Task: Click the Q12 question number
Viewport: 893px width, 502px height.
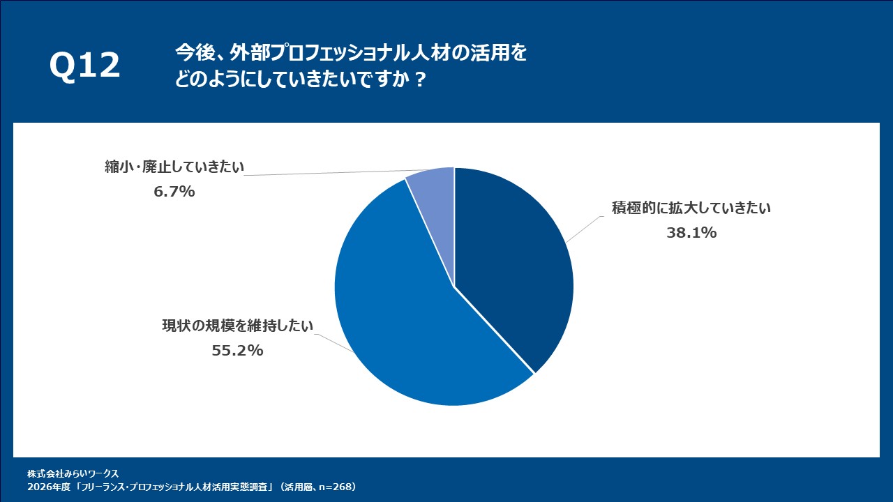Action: click(x=84, y=66)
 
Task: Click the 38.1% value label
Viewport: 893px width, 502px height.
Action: click(x=691, y=233)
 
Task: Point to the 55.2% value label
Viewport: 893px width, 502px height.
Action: click(x=237, y=351)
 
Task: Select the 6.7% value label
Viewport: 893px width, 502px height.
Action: click(x=174, y=190)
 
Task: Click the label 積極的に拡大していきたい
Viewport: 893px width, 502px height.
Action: click(x=691, y=208)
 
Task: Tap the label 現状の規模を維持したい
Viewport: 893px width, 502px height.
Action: click(x=238, y=325)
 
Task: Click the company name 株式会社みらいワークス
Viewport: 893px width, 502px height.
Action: click(x=73, y=473)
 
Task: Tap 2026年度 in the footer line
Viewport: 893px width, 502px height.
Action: click(x=45, y=487)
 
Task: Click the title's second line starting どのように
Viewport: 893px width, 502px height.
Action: click(x=300, y=79)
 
